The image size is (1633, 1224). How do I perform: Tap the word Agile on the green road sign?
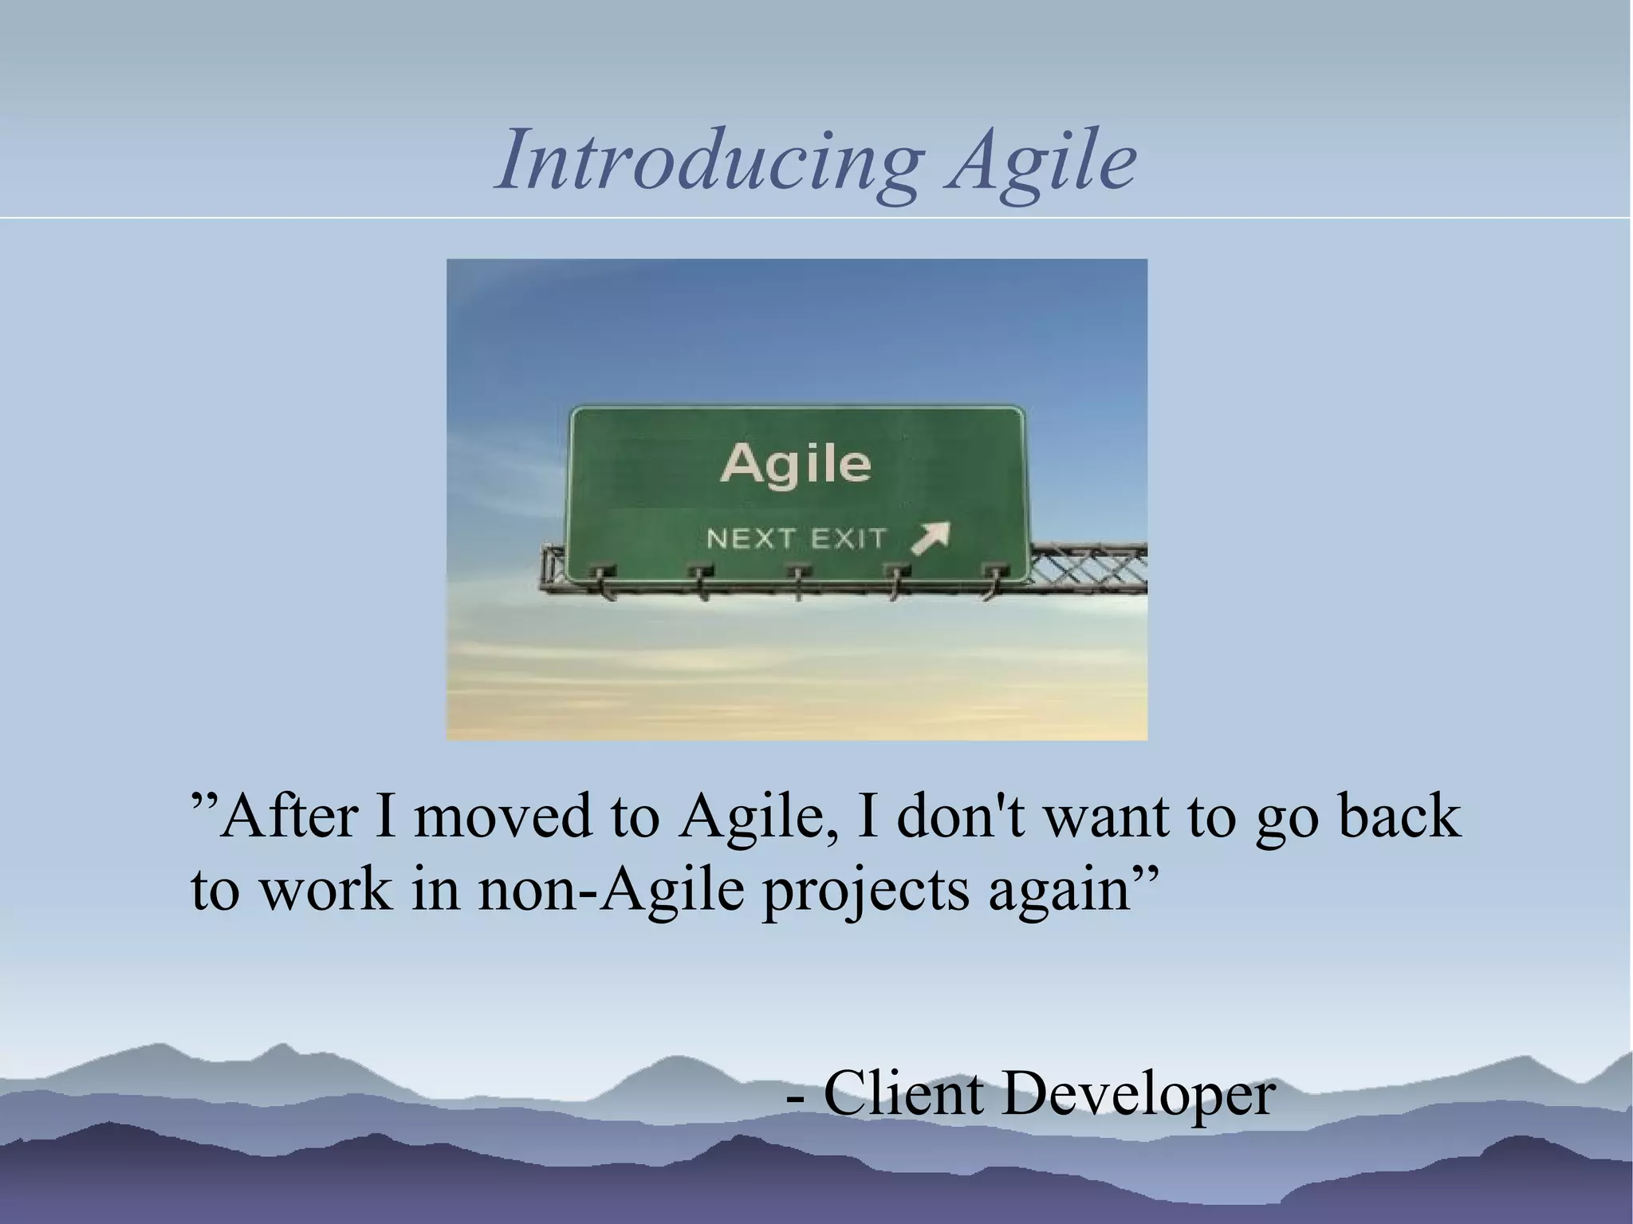795,464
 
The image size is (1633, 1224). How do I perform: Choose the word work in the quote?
327,890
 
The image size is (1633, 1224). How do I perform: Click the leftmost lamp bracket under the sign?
601,578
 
